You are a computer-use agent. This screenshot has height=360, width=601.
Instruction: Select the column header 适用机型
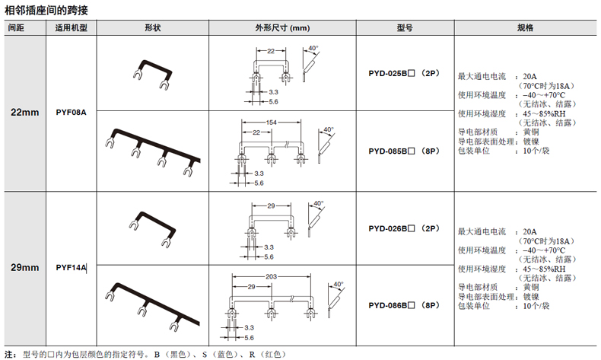click(72, 27)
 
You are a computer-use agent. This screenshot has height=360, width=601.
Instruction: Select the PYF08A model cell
click(72, 113)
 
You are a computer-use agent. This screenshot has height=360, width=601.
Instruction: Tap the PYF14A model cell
click(72, 268)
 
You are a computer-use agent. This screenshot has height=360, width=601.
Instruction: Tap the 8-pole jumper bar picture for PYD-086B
click(152, 304)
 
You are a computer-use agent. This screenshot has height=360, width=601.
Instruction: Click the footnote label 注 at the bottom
click(10, 353)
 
